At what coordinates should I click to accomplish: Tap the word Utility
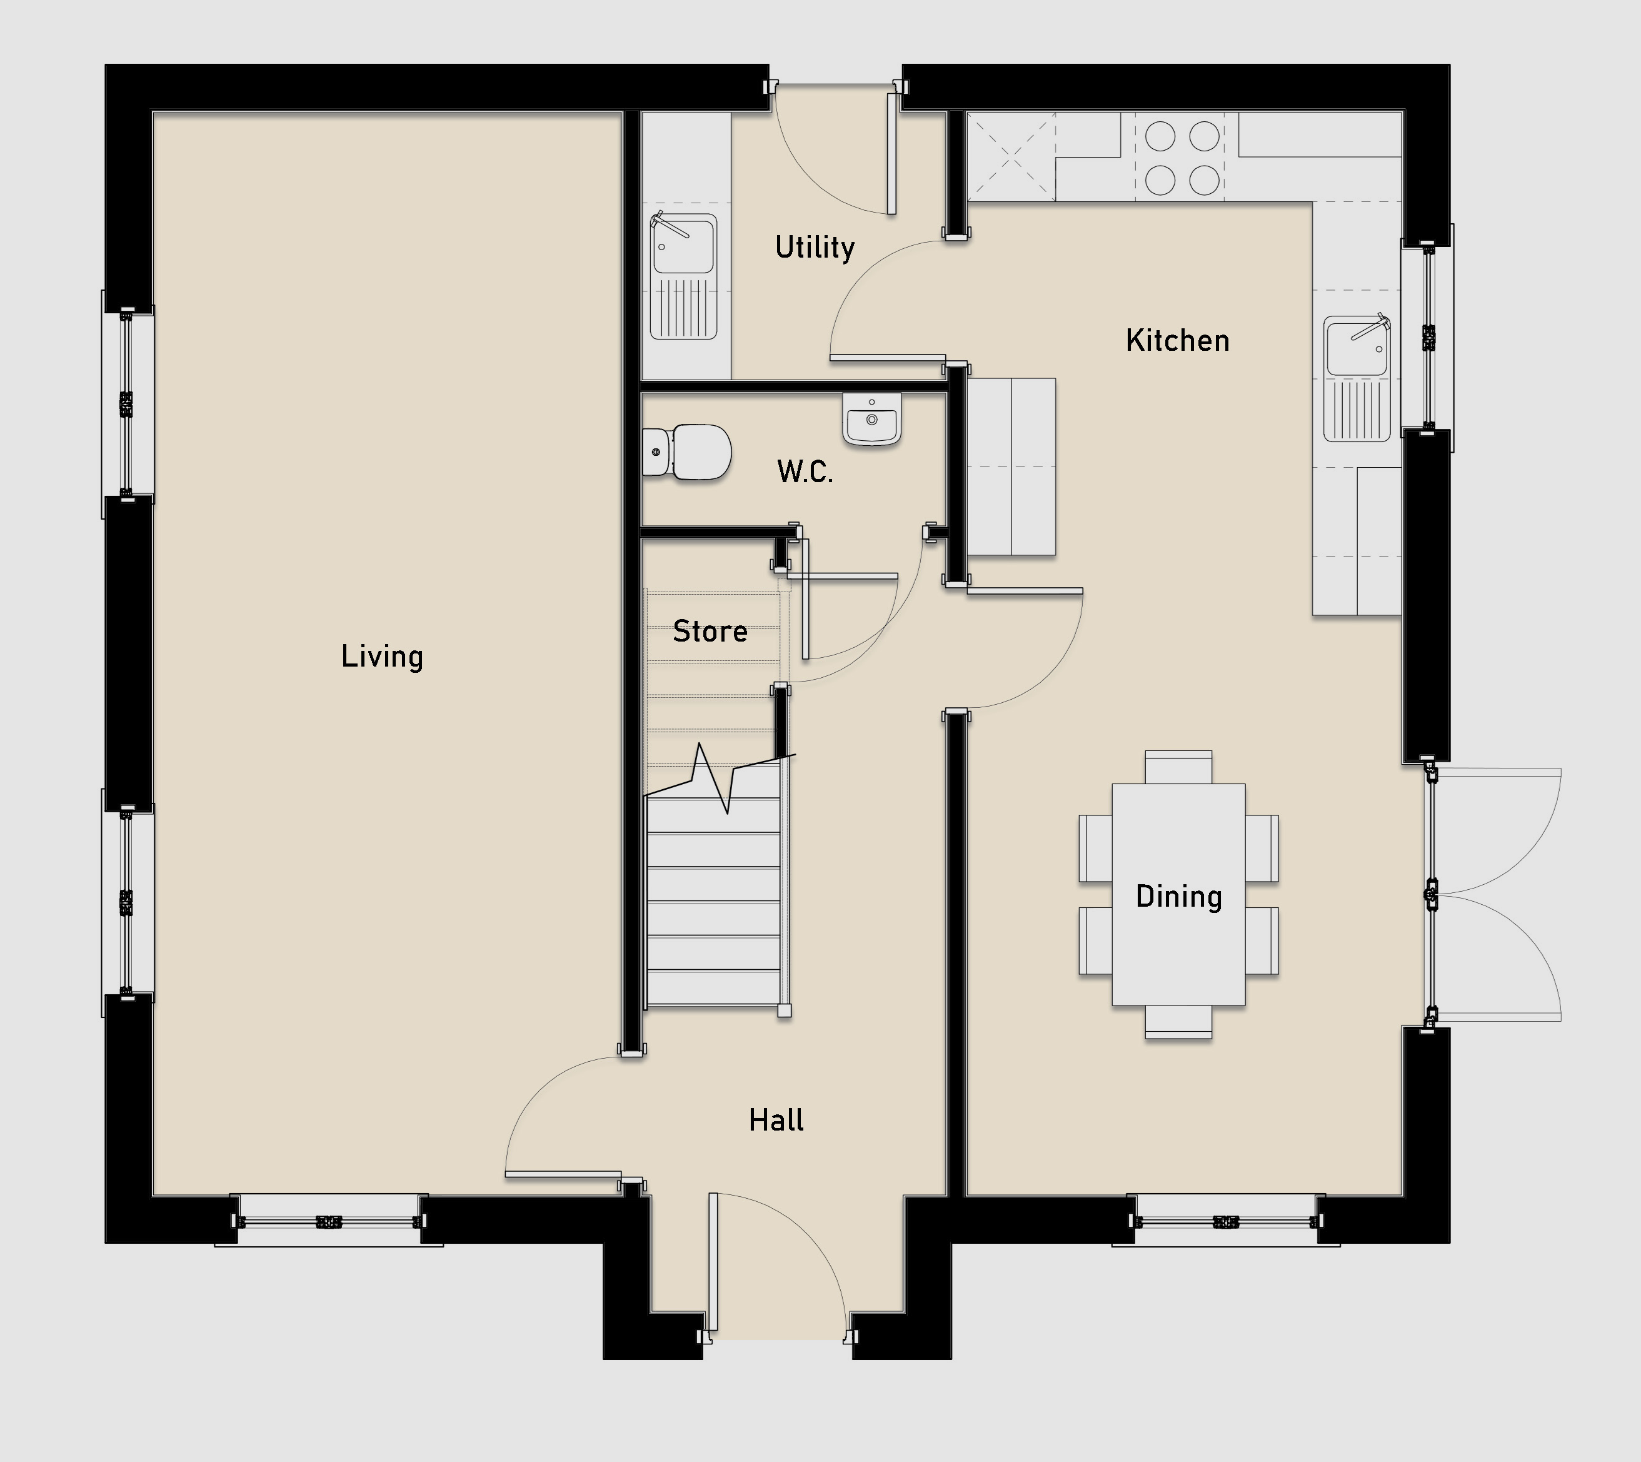point(815,246)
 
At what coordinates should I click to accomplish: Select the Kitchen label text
point(1178,341)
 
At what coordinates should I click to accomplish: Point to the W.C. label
point(805,471)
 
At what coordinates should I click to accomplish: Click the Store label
point(710,632)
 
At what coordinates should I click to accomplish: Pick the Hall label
point(776,1120)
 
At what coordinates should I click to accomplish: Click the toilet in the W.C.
point(688,452)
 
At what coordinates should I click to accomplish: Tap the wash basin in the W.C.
point(872,418)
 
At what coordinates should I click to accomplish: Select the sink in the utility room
point(683,276)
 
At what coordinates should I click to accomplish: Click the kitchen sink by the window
point(1357,378)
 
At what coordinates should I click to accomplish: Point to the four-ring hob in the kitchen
point(1182,158)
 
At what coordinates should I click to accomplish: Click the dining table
point(1178,894)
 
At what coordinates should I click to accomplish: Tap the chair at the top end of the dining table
point(1178,767)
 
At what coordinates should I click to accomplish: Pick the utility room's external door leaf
point(891,153)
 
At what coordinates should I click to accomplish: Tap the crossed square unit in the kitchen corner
point(1011,156)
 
